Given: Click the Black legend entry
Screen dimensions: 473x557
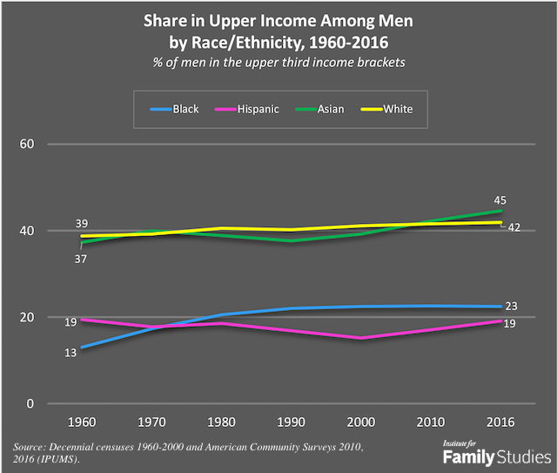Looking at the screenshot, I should [x=178, y=109].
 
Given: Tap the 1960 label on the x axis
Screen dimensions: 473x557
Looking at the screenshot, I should [x=82, y=423].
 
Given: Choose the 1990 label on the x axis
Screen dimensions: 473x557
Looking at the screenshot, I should [x=291, y=423].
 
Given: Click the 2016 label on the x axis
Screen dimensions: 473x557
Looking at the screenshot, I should [x=500, y=423].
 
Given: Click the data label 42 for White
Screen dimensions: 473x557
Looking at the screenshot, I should [x=513, y=228].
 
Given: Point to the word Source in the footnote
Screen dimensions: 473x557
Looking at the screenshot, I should [x=31, y=445].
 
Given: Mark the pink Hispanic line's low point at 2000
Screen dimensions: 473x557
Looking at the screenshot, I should [x=360, y=338].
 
